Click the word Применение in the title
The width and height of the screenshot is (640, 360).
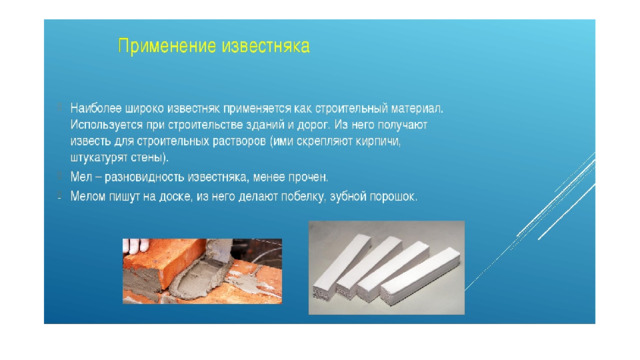click(x=167, y=46)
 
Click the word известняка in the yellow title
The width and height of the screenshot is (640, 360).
click(x=266, y=46)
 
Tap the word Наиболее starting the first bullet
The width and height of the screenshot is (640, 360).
click(x=96, y=109)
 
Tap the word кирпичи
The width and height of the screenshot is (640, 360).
click(x=378, y=142)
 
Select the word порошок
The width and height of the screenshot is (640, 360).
click(x=393, y=197)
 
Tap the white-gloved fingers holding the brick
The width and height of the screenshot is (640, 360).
click(x=136, y=245)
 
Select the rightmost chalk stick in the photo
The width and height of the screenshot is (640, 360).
click(x=420, y=276)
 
